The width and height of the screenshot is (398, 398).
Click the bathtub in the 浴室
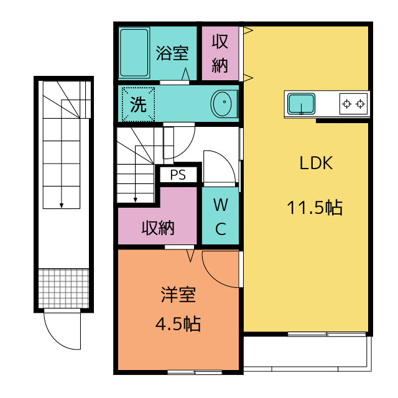[x=134, y=52]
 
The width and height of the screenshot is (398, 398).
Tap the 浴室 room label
[x=172, y=53]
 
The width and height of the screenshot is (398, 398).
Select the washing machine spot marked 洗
[x=138, y=104]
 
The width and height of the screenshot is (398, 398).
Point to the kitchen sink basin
[x=301, y=104]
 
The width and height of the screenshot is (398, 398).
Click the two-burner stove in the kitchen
[x=354, y=104]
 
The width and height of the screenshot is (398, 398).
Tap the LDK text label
[x=316, y=163]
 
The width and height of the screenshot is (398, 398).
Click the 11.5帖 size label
[x=315, y=208]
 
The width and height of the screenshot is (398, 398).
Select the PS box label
[x=178, y=175]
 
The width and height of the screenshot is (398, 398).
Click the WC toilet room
[x=220, y=216]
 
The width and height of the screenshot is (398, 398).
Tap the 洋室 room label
[x=178, y=295]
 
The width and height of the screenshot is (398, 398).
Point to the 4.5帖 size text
[x=178, y=323]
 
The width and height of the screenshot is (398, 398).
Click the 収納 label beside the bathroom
[x=220, y=53]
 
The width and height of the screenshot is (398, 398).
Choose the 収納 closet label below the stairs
[x=158, y=228]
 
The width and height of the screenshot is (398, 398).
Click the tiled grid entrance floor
[x=63, y=289]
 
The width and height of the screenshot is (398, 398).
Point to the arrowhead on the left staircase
[x=62, y=206]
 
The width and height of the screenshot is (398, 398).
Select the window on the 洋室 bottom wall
[x=195, y=373]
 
